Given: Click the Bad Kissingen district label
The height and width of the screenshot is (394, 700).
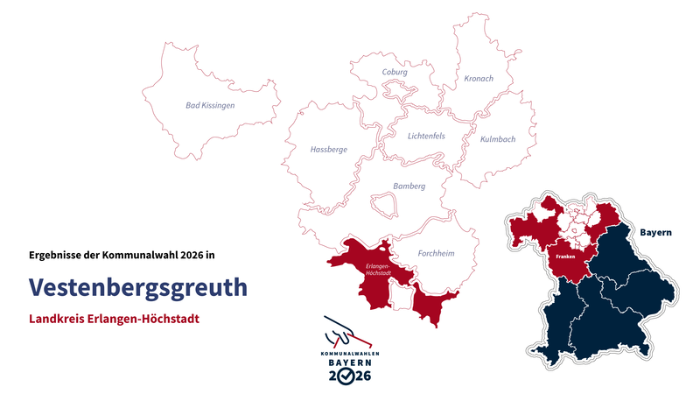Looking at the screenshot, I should [x=210, y=105].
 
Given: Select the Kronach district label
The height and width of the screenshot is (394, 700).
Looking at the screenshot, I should [x=478, y=78].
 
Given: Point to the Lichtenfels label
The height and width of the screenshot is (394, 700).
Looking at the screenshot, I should [x=426, y=136].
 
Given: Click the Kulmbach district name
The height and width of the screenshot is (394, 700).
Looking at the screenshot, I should [x=498, y=139].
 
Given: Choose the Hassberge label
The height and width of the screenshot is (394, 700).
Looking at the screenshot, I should [x=328, y=150].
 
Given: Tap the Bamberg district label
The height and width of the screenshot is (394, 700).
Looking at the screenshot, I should [x=409, y=186].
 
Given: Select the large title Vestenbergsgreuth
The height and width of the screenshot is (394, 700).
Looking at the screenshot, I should [x=137, y=287].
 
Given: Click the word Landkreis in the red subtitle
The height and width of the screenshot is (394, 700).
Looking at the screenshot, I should [x=58, y=319].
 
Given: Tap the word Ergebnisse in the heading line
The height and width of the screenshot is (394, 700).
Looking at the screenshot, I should [x=57, y=256].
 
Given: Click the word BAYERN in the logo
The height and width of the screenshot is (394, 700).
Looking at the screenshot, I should [x=350, y=362].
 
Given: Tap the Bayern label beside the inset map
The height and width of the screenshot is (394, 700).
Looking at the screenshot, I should [x=655, y=233].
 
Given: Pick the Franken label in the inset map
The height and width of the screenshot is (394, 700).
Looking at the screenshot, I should [x=563, y=257].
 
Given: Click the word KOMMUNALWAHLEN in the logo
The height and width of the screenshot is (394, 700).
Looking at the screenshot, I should [x=350, y=352].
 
